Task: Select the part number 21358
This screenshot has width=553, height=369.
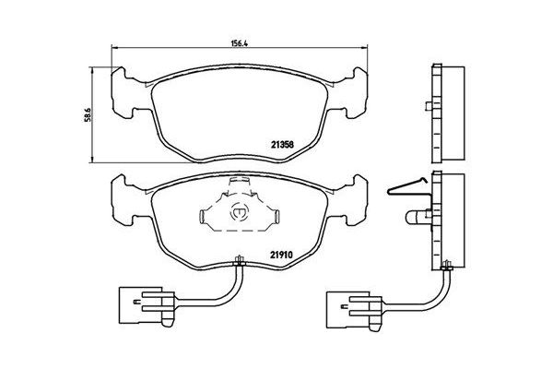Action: [x=281, y=143]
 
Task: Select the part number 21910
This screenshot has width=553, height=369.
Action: [x=281, y=256]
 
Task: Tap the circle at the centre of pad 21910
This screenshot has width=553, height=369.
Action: [x=242, y=210]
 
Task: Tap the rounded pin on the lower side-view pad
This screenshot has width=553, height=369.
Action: [x=420, y=218]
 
